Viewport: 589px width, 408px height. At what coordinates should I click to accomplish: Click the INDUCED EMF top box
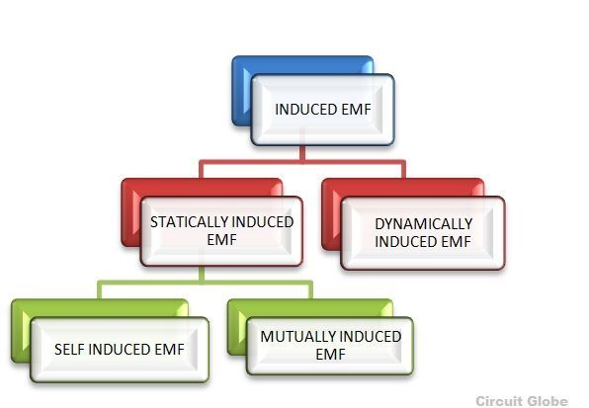tap(323, 110)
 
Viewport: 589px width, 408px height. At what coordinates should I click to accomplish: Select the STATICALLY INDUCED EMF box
tap(221, 231)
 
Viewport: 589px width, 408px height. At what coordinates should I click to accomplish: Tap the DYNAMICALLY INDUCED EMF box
tap(423, 233)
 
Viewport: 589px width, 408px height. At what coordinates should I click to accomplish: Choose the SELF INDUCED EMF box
tap(120, 350)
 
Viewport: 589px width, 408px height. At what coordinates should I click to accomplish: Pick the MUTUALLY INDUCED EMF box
tap(330, 346)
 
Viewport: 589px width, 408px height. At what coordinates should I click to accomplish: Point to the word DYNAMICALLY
tap(424, 224)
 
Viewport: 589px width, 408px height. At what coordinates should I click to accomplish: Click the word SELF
tap(69, 350)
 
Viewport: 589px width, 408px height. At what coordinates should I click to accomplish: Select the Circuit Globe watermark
tap(522, 401)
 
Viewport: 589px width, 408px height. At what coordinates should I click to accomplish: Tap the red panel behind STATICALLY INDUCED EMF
tap(132, 212)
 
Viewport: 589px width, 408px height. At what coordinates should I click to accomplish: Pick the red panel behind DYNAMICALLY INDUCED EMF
tap(332, 214)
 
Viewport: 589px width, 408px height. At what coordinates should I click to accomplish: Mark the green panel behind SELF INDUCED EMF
tap(22, 330)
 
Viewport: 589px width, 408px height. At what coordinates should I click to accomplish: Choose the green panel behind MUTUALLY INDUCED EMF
tap(237, 327)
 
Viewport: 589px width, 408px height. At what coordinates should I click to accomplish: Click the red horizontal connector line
tap(302, 162)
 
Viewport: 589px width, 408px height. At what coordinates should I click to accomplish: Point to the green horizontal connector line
tap(206, 283)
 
